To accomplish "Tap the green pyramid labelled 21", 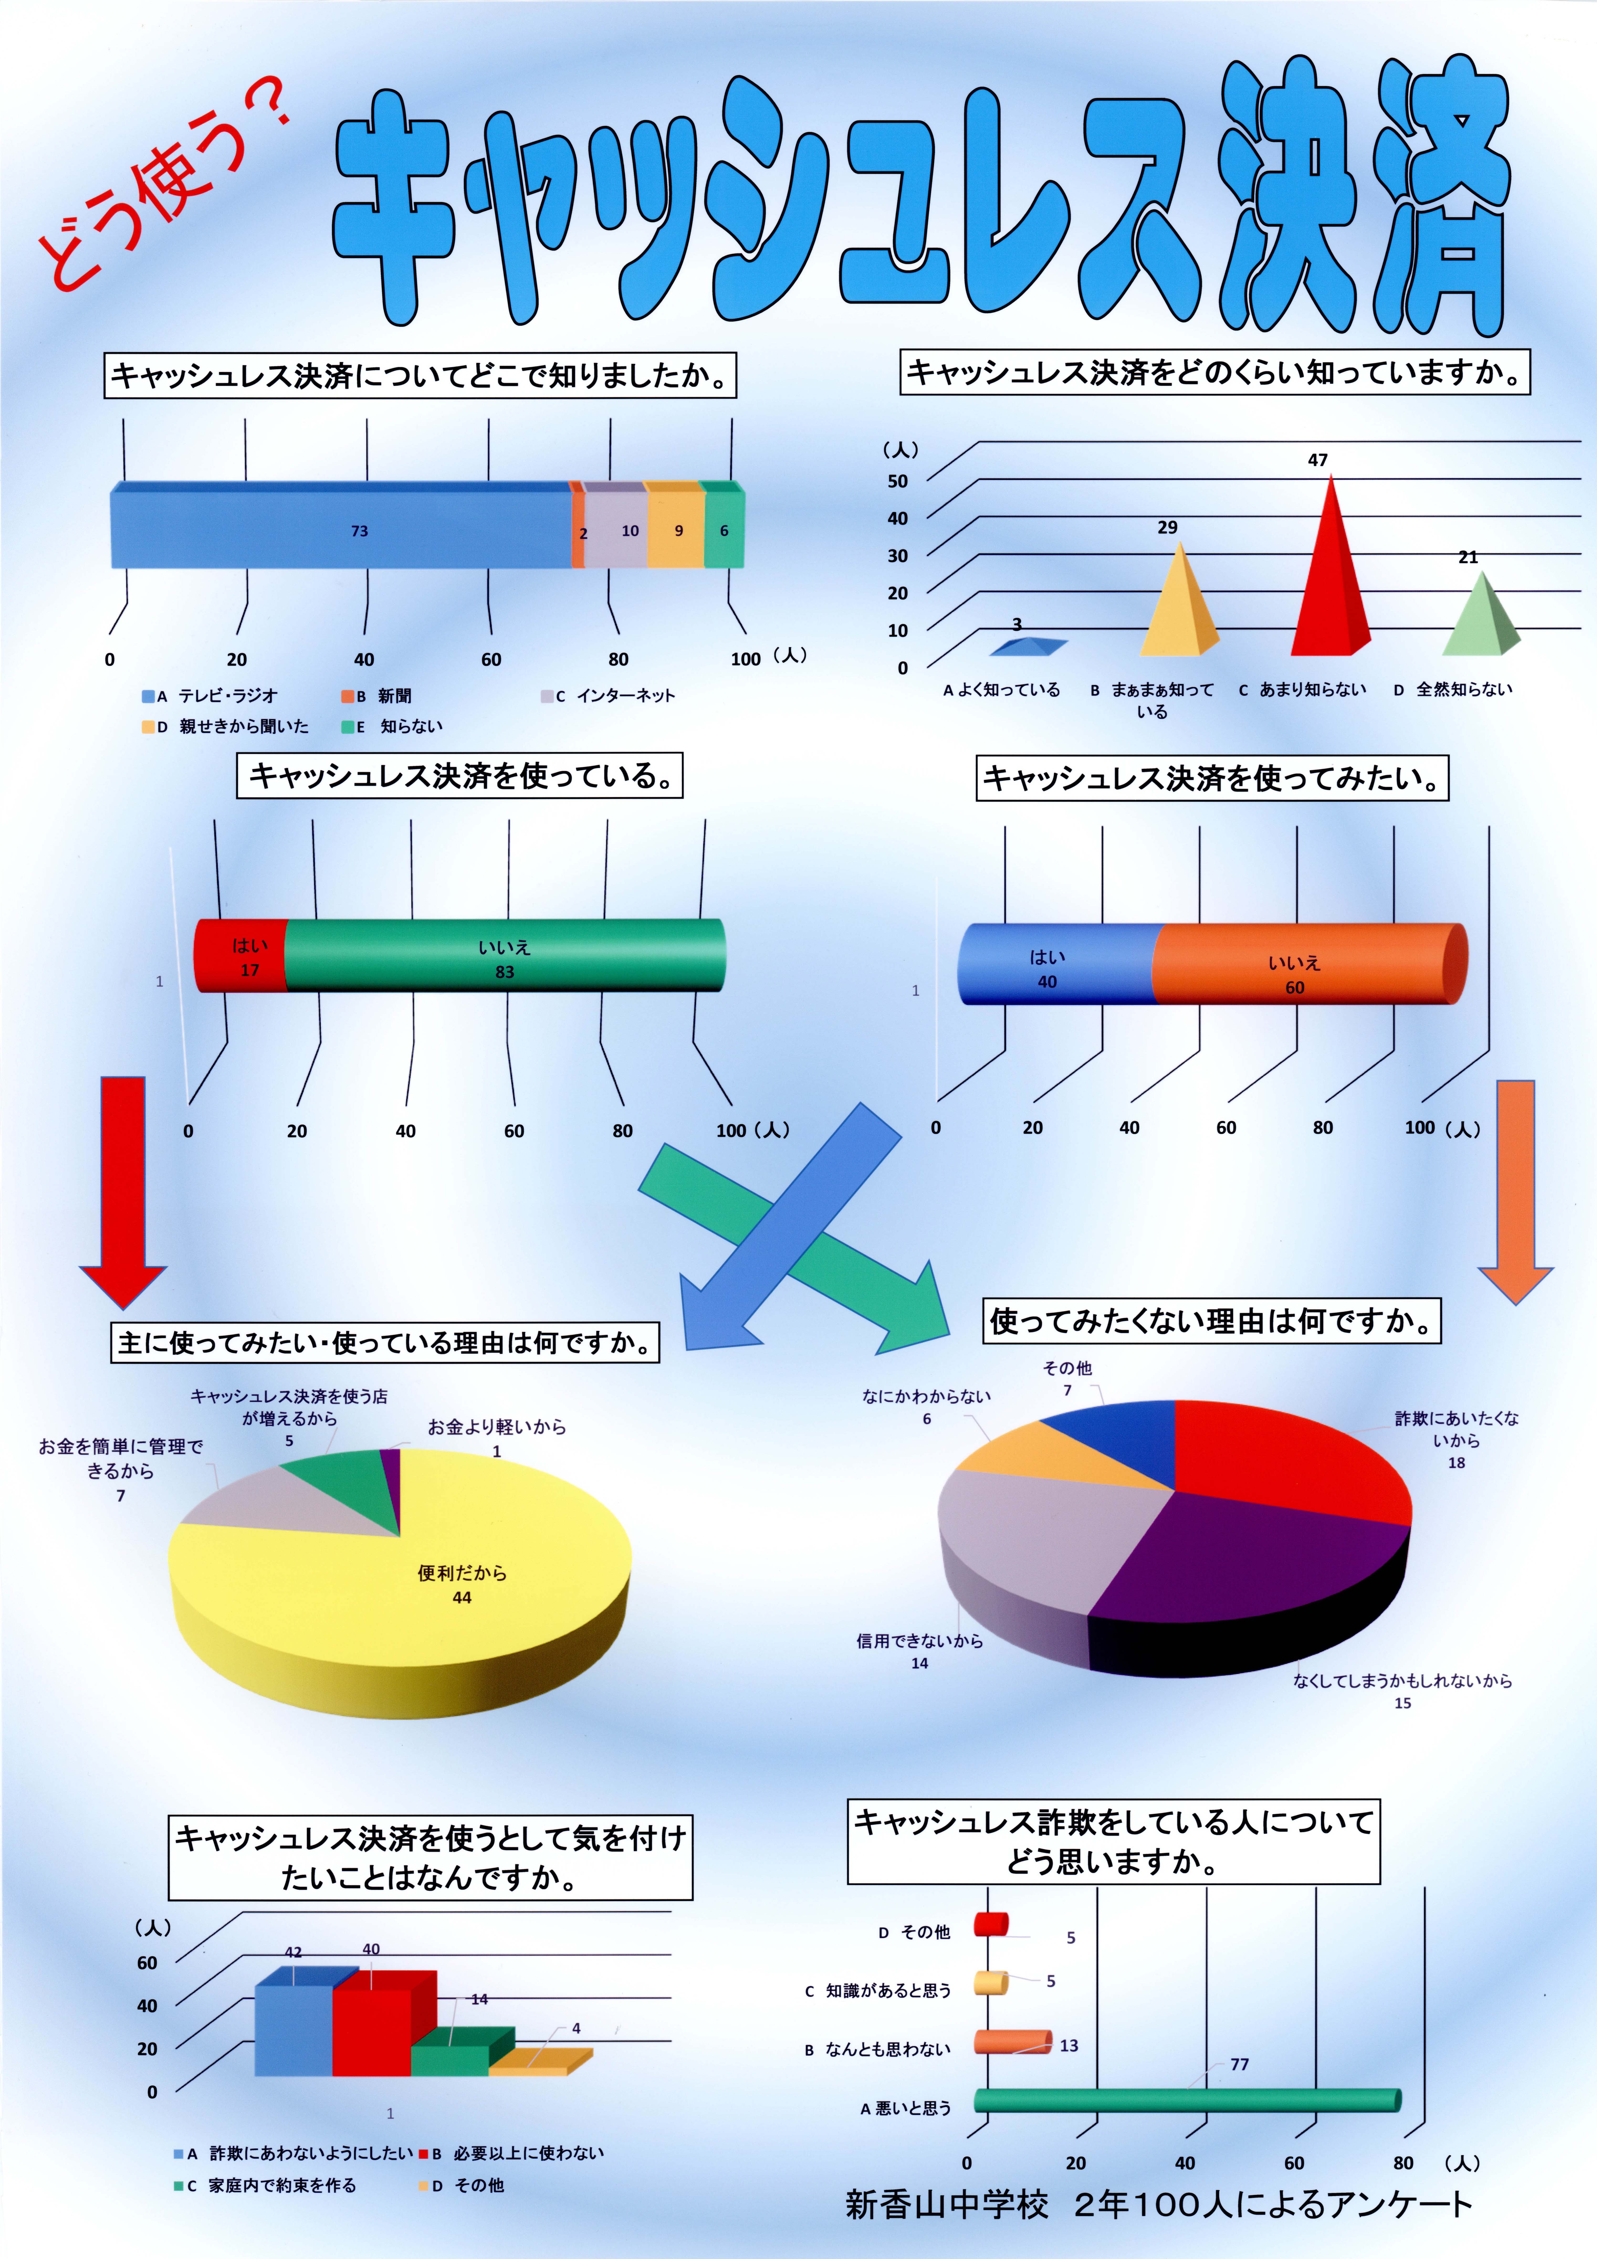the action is tap(1481, 620).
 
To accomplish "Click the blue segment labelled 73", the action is tap(341, 526).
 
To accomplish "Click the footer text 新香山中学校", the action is tap(947, 2204).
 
